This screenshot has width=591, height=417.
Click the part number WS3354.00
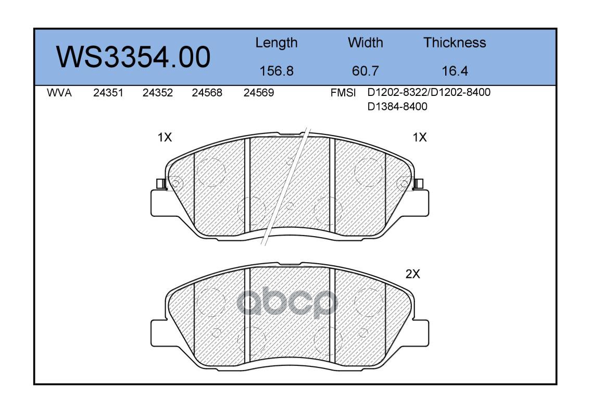pos(133,57)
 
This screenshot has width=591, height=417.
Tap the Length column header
pos(276,43)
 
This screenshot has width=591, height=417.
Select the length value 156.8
pos(276,71)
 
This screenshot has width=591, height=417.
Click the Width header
pos(365,42)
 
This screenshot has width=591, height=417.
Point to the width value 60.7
pos(365,71)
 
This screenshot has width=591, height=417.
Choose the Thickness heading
pos(455,42)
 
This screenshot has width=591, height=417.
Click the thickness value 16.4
pos(455,71)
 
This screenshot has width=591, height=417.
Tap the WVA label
pos(59,93)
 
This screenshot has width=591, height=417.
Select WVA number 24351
pos(108,93)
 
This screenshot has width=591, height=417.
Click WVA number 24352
pos(158,93)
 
